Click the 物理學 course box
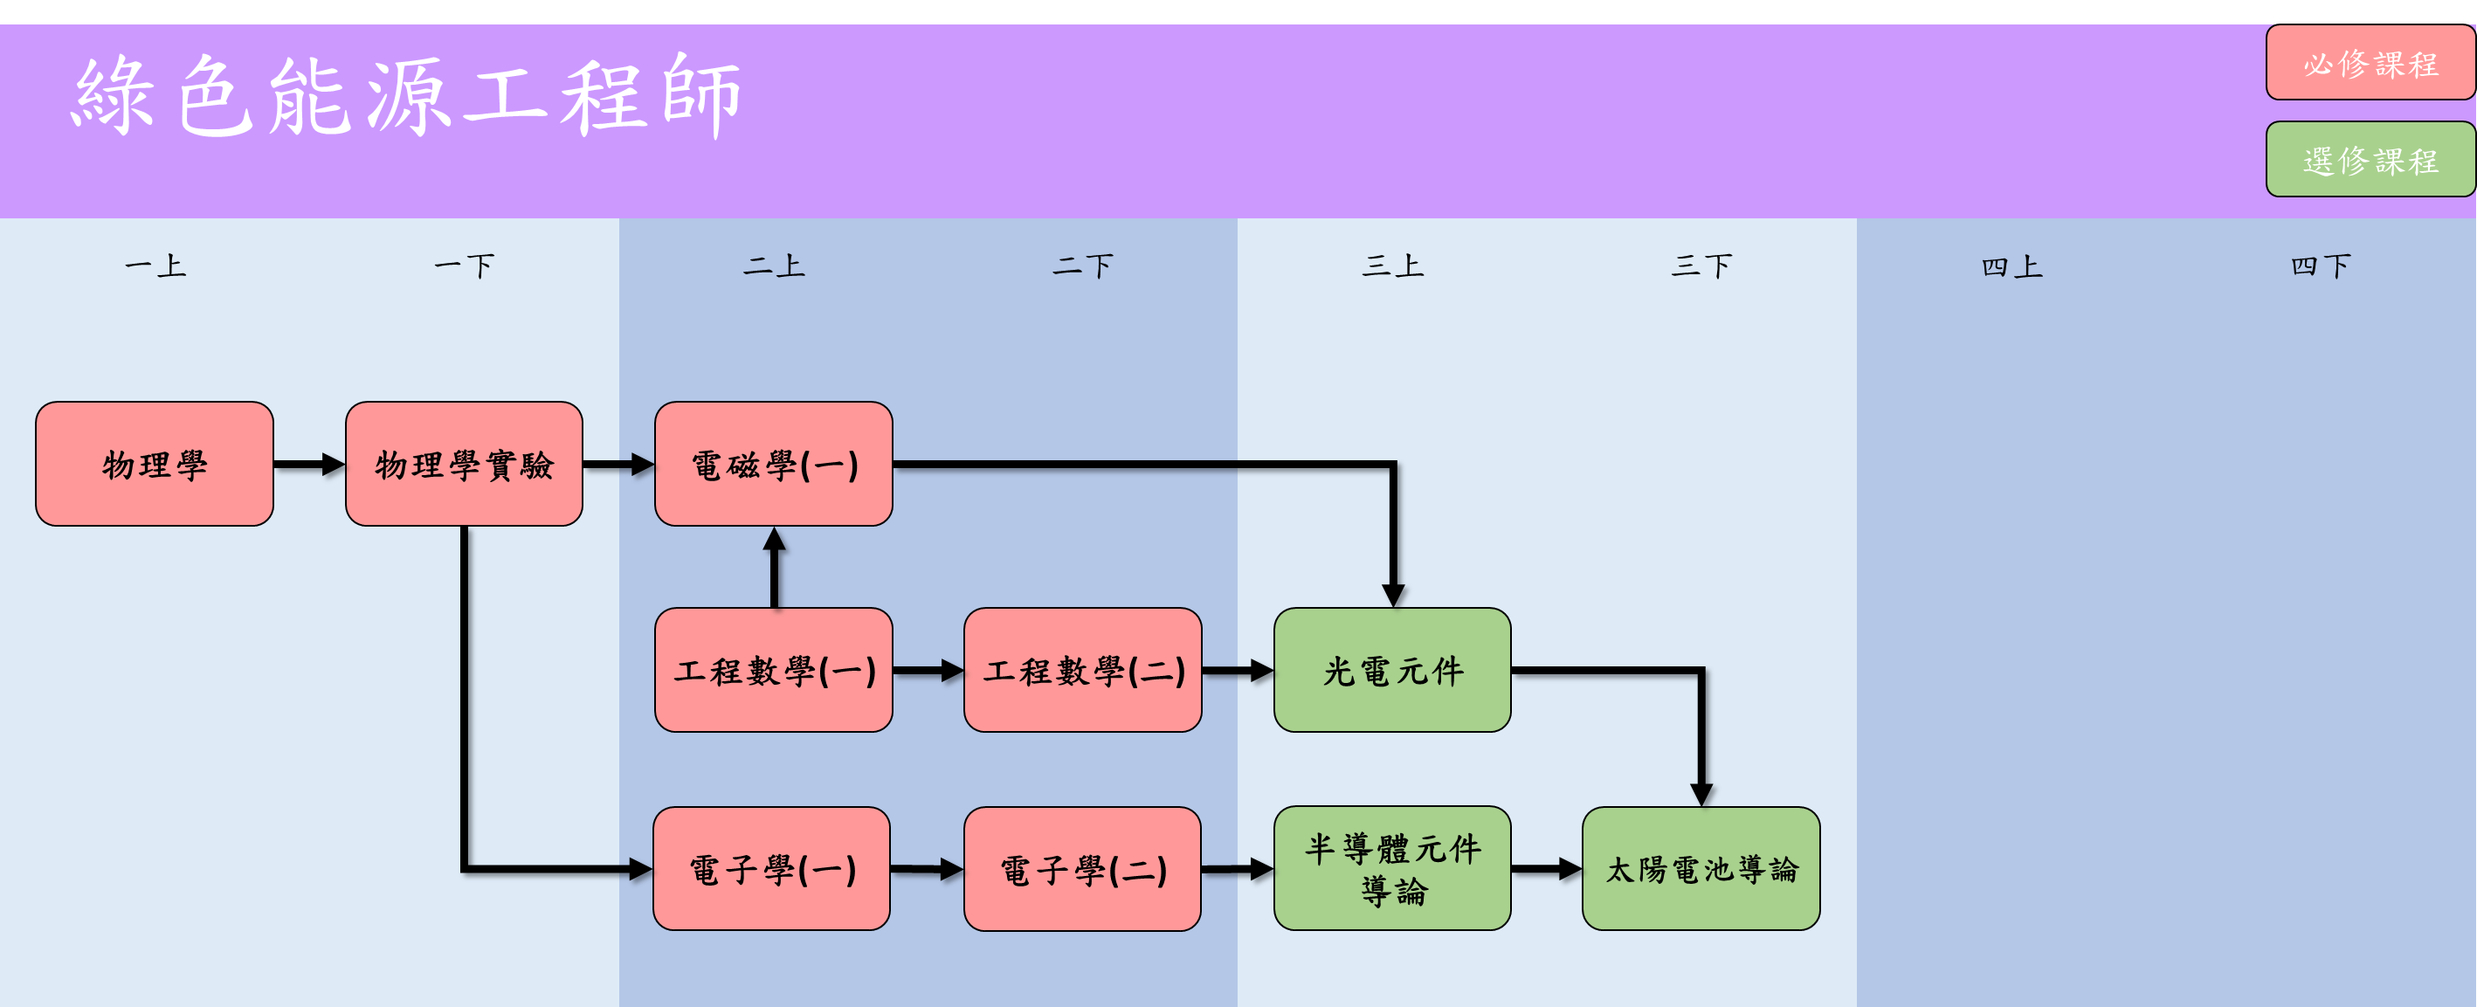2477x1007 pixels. [x=154, y=465]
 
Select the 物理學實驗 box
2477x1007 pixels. [x=464, y=465]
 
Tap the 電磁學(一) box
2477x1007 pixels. [x=773, y=465]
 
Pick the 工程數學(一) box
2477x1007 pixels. [x=773, y=671]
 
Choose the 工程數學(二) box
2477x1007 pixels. [x=1083, y=671]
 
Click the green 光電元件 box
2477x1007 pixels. [x=1391, y=671]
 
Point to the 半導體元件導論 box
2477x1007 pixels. [x=1391, y=868]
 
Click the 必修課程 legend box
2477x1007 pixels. [x=2370, y=64]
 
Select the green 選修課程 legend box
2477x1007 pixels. [x=2370, y=160]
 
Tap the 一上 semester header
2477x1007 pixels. [x=155, y=266]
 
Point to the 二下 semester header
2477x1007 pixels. [x=1083, y=266]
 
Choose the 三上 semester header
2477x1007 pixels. [x=1391, y=266]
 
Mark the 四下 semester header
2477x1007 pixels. [x=2321, y=266]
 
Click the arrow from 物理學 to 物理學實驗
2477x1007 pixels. [x=308, y=465]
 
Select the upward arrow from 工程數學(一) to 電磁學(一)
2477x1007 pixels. [x=774, y=568]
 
